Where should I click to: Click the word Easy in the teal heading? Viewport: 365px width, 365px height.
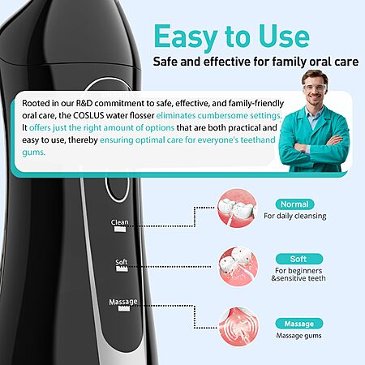click(x=186, y=36)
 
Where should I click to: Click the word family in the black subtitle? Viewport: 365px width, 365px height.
click(x=290, y=62)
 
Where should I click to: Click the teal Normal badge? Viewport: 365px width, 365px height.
click(x=294, y=204)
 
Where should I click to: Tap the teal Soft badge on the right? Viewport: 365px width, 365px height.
click(x=299, y=259)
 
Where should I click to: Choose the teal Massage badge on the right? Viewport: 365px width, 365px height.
click(x=299, y=324)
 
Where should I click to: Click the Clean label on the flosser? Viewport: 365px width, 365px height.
click(x=119, y=222)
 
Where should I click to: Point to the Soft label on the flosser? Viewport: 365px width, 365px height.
click(x=121, y=262)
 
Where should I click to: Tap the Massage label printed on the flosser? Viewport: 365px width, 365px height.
click(x=123, y=302)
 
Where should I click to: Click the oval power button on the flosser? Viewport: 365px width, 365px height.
click(x=106, y=189)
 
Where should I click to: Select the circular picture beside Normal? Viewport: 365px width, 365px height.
click(x=237, y=208)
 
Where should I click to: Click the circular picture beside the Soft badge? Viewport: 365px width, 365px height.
click(x=238, y=266)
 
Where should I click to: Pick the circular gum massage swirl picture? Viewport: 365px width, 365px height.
click(x=238, y=327)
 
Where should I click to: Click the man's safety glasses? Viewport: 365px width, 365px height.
click(x=315, y=87)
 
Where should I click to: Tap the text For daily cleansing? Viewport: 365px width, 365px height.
click(x=295, y=216)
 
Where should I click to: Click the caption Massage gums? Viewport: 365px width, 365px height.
click(x=298, y=336)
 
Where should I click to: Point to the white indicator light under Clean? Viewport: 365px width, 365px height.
click(x=120, y=230)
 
